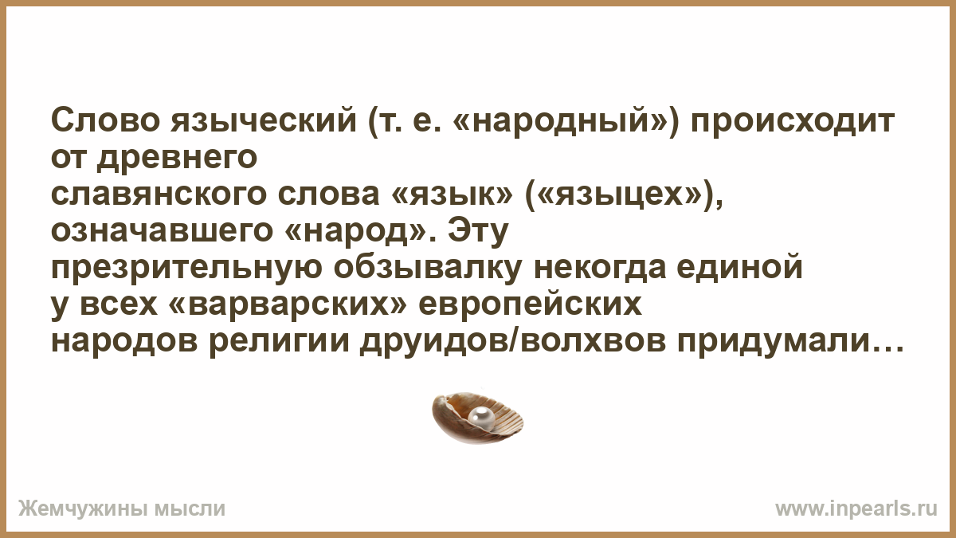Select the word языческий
point(264,121)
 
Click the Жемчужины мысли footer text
point(122,509)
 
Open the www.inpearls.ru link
point(856,509)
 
